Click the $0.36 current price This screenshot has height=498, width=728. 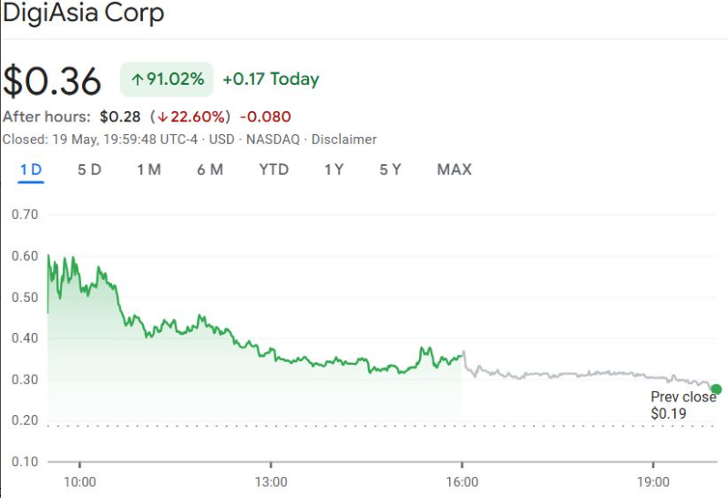click(x=52, y=81)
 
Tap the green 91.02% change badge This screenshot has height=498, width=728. click(x=167, y=79)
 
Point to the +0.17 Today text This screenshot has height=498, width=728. click(x=271, y=79)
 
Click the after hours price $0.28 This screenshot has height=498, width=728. click(x=119, y=117)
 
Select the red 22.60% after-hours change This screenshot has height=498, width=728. click(x=194, y=117)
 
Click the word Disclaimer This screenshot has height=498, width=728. click(x=343, y=140)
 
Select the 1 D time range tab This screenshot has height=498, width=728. click(x=31, y=170)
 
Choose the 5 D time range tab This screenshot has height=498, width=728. click(x=89, y=170)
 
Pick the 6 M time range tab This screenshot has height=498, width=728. click(x=210, y=170)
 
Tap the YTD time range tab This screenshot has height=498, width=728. click(x=273, y=170)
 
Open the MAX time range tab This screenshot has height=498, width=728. click(x=454, y=170)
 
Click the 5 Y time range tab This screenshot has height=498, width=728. click(x=390, y=170)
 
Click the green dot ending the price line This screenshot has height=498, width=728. click(x=716, y=389)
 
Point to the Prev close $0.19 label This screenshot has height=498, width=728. click(x=682, y=406)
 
